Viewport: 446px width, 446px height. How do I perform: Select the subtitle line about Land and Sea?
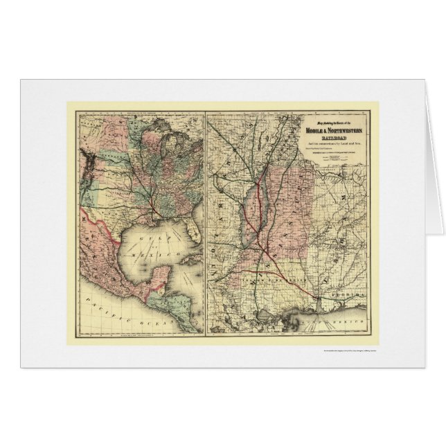331,146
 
